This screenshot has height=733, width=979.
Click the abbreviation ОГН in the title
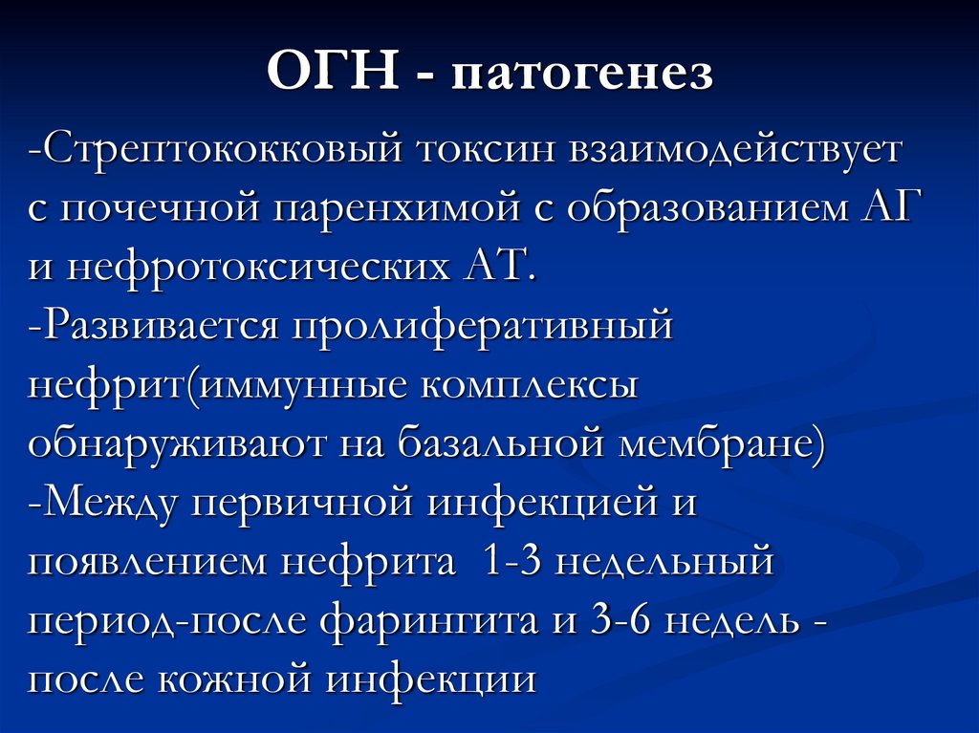333,75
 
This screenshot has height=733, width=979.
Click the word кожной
247,680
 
